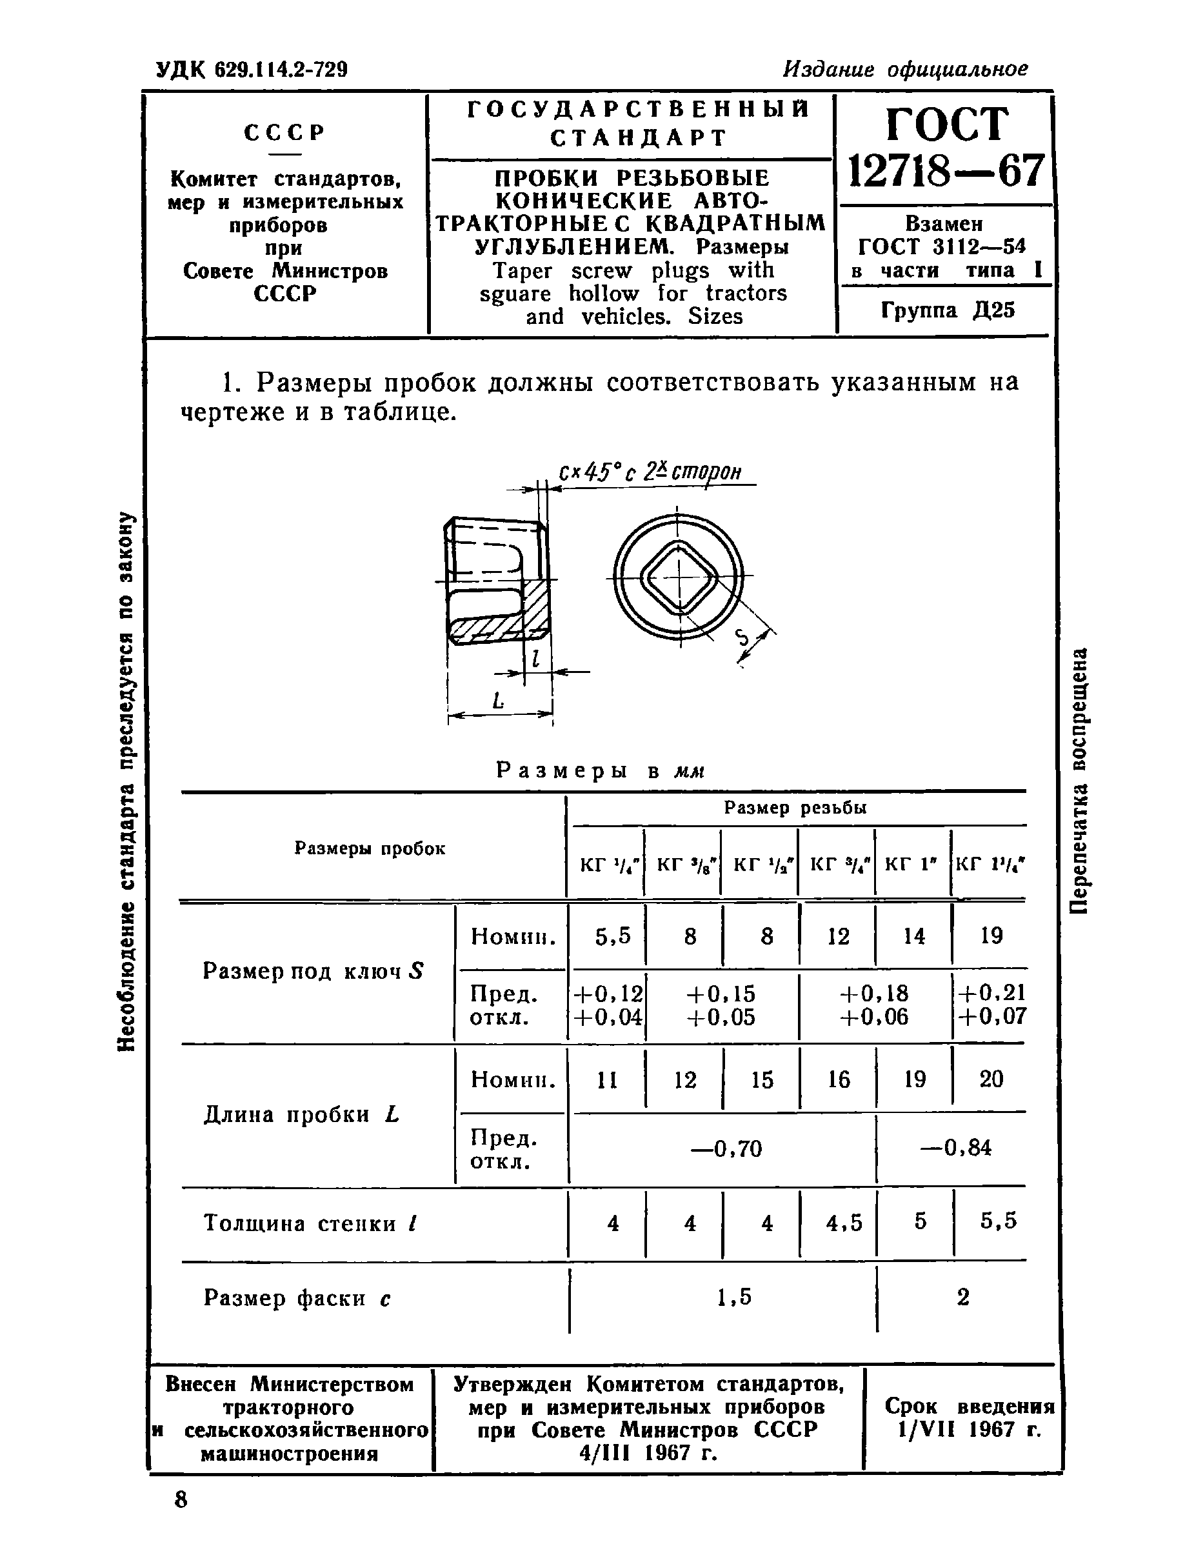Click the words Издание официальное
point(905,69)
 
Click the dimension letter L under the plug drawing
point(499,701)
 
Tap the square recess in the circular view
point(679,580)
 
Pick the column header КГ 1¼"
point(989,863)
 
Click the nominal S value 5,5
point(612,936)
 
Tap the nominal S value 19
point(991,936)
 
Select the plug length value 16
point(839,1079)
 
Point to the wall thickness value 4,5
point(844,1223)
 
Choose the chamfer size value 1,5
point(734,1297)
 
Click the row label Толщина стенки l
point(310,1223)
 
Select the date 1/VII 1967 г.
point(969,1430)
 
